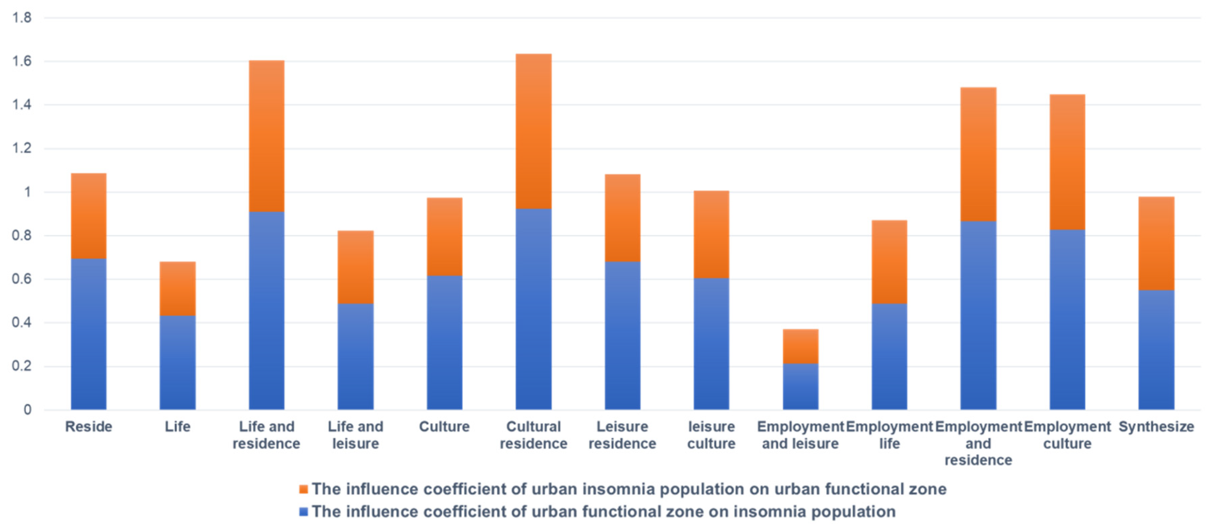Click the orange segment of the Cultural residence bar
click(x=533, y=131)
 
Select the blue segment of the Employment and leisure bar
click(x=800, y=386)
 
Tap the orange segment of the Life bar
click(x=177, y=289)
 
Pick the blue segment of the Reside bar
click(x=89, y=334)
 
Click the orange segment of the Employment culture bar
click(x=1067, y=162)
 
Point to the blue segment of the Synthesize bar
click(x=1156, y=350)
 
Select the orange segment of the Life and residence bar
click(x=267, y=136)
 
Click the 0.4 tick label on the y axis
click(x=22, y=323)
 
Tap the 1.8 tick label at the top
click(x=22, y=18)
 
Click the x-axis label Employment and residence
click(x=978, y=443)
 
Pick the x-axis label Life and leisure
click(x=355, y=435)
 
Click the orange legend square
click(x=304, y=489)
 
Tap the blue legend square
click(x=304, y=512)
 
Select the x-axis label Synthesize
click(x=1156, y=426)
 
